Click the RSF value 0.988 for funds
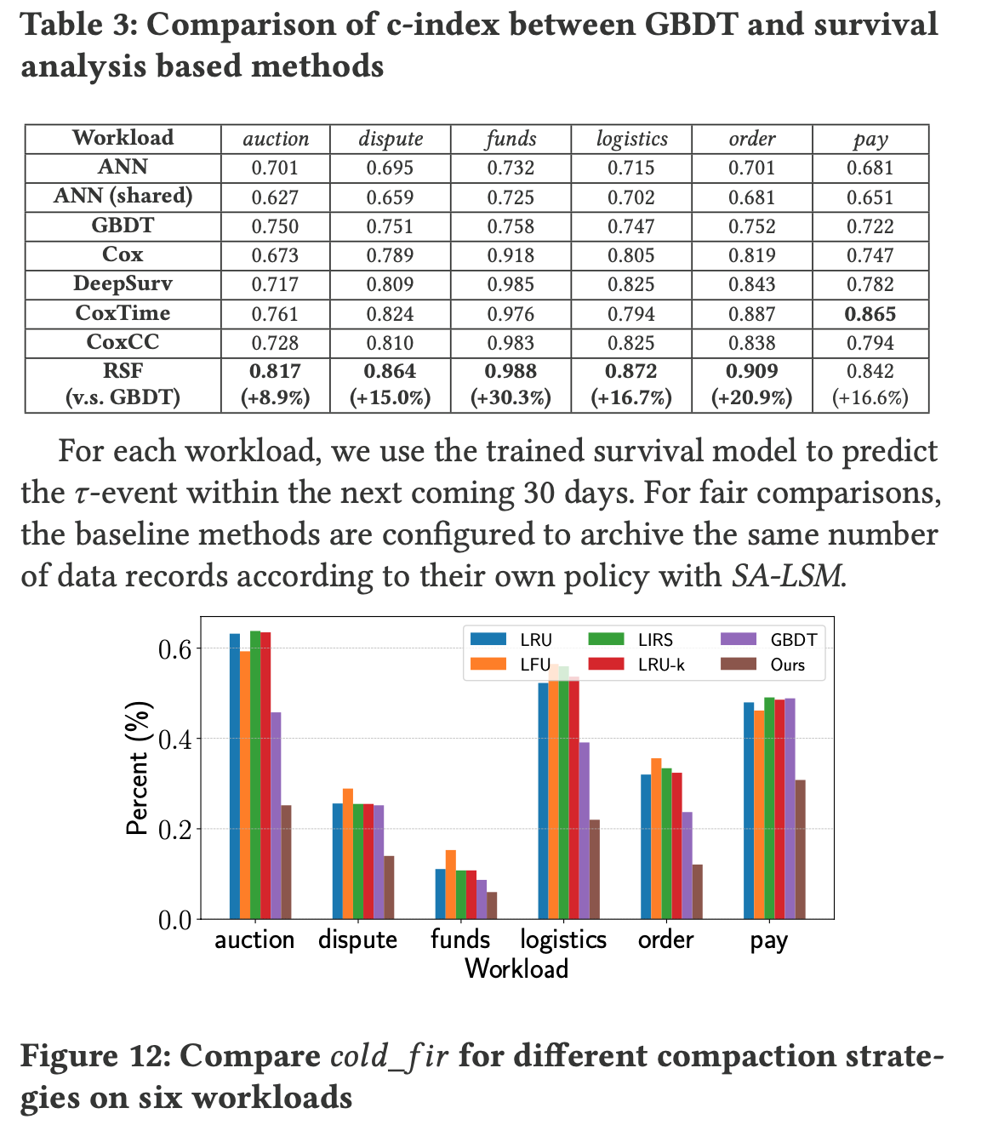(511, 371)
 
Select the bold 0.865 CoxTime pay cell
(870, 313)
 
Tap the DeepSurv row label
(123, 283)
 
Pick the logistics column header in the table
(631, 139)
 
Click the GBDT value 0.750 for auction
(275, 226)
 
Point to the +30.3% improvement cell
(511, 397)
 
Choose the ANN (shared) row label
(123, 197)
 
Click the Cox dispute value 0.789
(390, 255)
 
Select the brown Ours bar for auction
(286, 861)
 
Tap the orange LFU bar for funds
(451, 884)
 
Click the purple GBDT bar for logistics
(584, 830)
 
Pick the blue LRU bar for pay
(749, 810)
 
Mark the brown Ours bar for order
(698, 891)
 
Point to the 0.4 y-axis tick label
(174, 739)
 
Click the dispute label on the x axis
(358, 939)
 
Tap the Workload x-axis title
(516, 968)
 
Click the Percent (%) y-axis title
(139, 768)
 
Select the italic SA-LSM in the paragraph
(787, 576)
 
